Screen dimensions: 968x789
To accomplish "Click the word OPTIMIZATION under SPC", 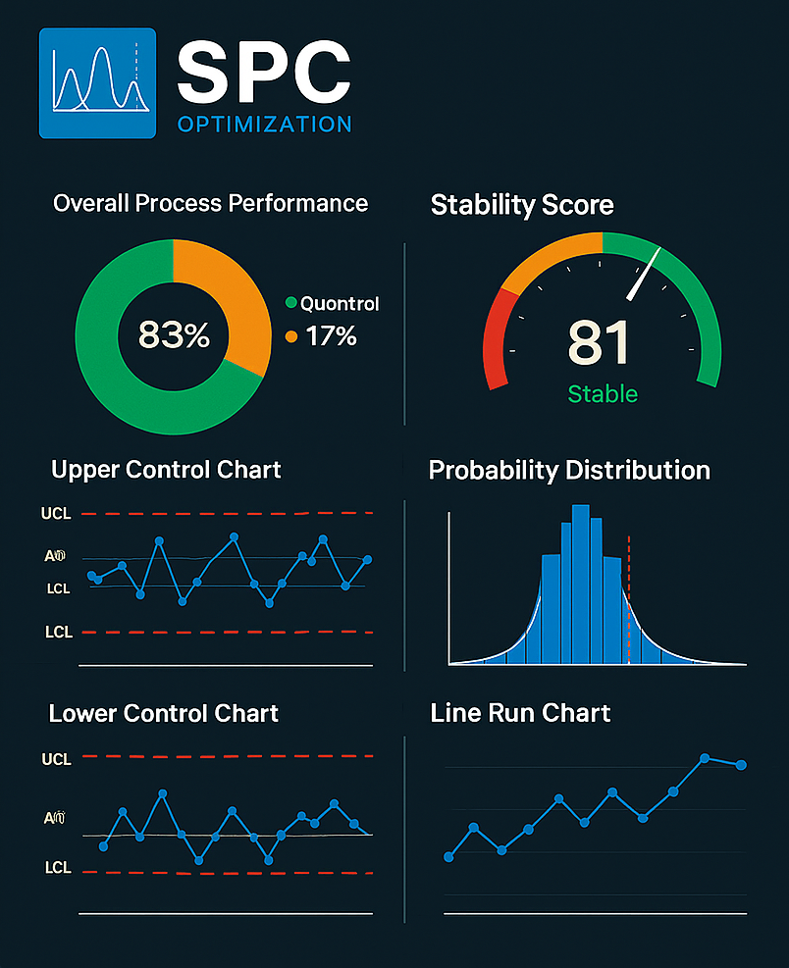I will pyautogui.click(x=264, y=125).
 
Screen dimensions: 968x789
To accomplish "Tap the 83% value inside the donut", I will pyautogui.click(x=174, y=335).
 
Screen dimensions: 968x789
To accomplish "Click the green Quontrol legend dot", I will pyautogui.click(x=290, y=304).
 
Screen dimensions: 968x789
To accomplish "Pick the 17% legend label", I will pyautogui.click(x=331, y=337).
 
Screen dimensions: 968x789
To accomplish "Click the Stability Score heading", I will pyautogui.click(x=522, y=205).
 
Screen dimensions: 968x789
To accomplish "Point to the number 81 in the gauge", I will pyautogui.click(x=599, y=343).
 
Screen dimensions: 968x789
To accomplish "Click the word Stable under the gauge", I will pyautogui.click(x=603, y=394).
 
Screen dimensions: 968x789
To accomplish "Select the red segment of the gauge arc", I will pyautogui.click(x=495, y=339).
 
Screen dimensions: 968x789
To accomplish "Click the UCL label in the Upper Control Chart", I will pyautogui.click(x=57, y=513).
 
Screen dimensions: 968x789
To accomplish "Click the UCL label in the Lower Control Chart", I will pyautogui.click(x=57, y=759).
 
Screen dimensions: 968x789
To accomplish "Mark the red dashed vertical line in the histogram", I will pyautogui.click(x=628, y=598).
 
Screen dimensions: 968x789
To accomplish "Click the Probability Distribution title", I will pyautogui.click(x=569, y=471).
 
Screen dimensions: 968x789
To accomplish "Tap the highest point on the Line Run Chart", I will pyautogui.click(x=705, y=758).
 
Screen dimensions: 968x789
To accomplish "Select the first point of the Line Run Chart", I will pyautogui.click(x=449, y=856).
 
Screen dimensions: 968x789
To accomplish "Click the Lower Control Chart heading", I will pyautogui.click(x=164, y=714).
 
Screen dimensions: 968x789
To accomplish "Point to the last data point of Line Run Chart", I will pyautogui.click(x=741, y=765).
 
